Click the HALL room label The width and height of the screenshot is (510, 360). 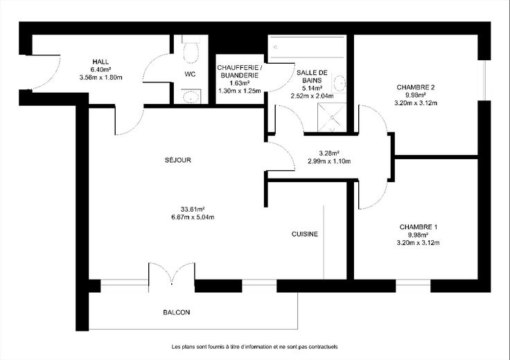[101, 62]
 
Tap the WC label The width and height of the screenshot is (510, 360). [190, 74]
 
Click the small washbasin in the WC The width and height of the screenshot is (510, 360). [191, 96]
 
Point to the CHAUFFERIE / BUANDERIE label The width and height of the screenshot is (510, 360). [239, 71]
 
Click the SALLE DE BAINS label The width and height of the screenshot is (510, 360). [312, 76]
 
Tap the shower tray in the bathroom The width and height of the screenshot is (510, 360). [332, 117]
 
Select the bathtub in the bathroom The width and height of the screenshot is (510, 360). [307, 47]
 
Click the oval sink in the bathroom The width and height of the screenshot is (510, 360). [339, 83]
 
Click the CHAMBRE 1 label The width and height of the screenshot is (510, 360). [419, 227]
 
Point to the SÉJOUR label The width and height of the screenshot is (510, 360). [178, 160]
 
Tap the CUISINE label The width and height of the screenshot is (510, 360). [305, 234]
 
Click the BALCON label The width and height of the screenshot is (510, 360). [177, 312]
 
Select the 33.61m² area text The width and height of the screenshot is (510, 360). [193, 209]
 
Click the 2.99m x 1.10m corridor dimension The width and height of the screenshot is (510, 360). [329, 161]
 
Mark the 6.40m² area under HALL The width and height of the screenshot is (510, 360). [101, 69]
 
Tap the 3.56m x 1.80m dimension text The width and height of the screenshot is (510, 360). [101, 78]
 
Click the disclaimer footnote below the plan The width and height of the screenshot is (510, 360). [255, 347]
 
